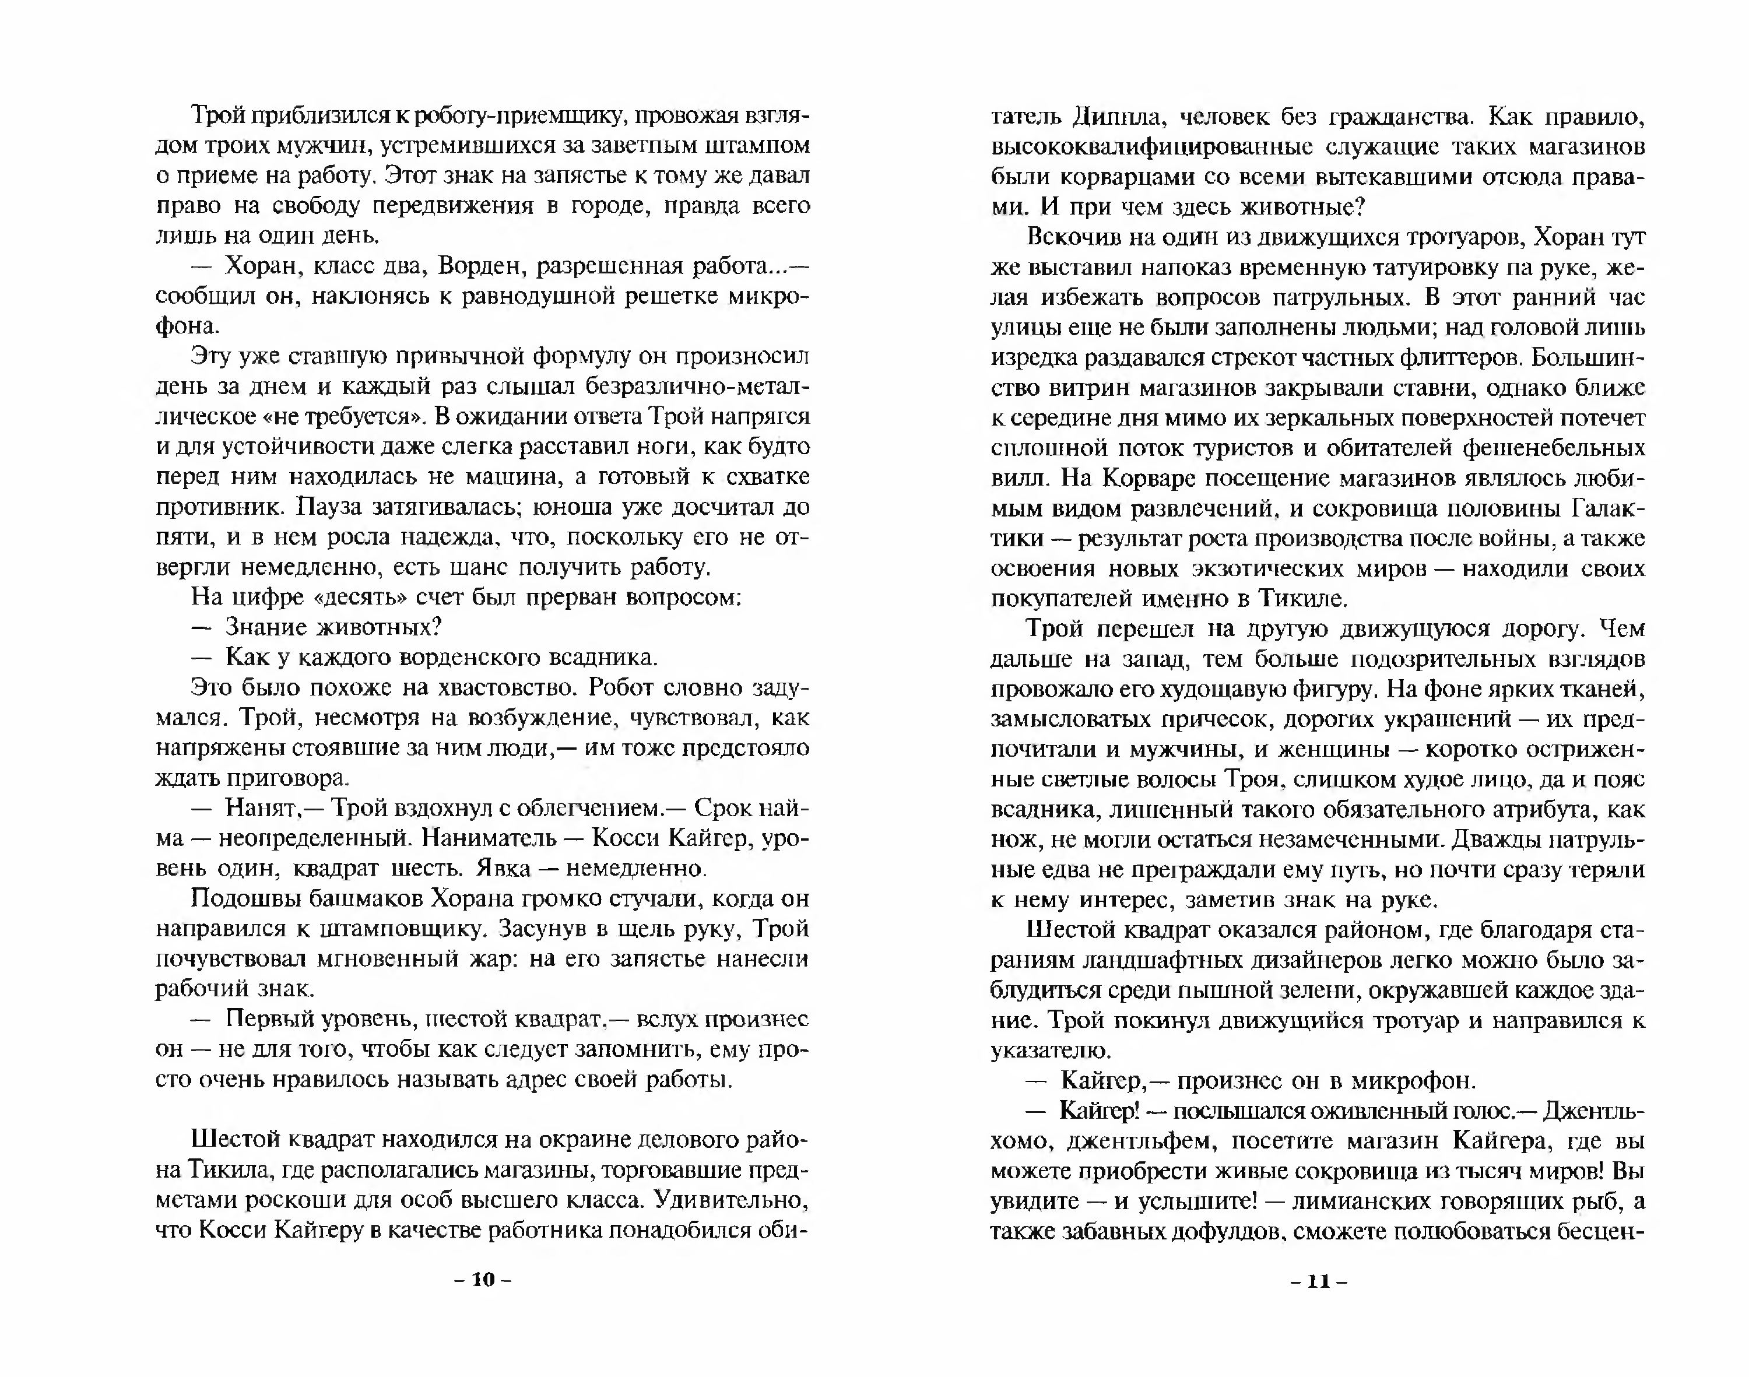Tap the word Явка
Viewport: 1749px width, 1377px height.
[x=503, y=868]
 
